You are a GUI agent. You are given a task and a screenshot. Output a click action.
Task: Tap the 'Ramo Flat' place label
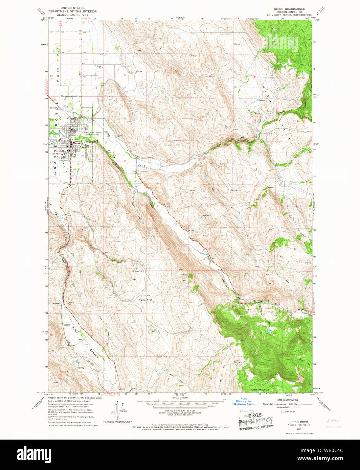(x=145, y=300)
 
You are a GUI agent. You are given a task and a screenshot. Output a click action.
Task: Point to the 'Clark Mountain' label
(x=260, y=390)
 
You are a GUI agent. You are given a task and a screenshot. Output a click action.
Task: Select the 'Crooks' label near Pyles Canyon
(x=67, y=325)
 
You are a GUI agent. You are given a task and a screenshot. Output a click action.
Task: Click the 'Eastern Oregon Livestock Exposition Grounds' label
(x=91, y=134)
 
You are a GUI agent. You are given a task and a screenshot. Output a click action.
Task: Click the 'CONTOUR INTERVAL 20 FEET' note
(x=180, y=411)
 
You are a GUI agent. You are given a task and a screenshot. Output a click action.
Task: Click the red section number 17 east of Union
(x=125, y=118)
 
